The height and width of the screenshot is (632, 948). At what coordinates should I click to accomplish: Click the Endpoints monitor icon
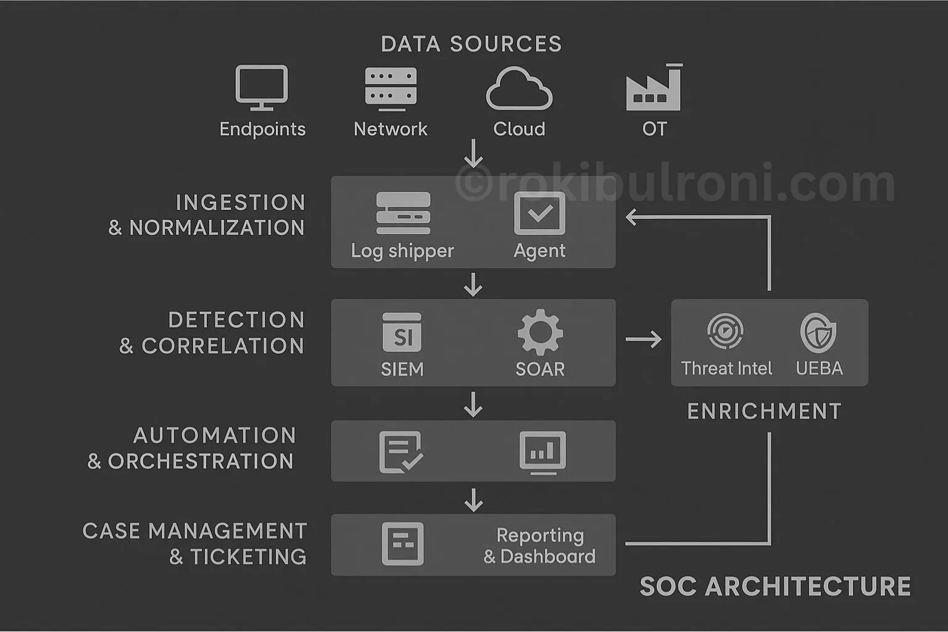[262, 88]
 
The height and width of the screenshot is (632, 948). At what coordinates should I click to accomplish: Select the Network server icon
[391, 88]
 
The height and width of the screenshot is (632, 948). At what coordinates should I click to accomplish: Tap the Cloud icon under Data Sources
[519, 89]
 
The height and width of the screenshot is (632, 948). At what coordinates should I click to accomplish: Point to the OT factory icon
[654, 88]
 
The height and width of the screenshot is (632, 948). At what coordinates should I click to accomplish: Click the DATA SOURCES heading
[472, 44]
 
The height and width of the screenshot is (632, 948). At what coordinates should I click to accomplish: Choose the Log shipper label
[402, 251]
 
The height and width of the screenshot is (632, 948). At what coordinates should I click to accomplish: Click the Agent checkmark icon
[539, 214]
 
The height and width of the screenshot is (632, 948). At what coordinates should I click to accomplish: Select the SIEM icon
[402, 334]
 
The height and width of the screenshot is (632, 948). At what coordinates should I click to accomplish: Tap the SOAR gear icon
[540, 333]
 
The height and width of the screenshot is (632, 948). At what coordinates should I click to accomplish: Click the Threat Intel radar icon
[725, 331]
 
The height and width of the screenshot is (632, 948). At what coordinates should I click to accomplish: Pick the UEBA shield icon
[818, 332]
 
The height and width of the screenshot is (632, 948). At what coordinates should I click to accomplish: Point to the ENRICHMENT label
[764, 412]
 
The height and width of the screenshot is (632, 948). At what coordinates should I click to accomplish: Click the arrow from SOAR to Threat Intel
[643, 339]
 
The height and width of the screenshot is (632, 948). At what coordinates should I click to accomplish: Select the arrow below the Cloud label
[473, 154]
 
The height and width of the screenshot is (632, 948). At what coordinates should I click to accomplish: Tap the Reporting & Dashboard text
[539, 546]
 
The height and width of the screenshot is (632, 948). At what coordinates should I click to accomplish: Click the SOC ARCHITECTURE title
[775, 586]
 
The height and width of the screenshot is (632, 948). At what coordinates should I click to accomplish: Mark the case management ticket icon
[402, 544]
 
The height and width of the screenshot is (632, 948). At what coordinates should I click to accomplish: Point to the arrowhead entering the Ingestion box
[631, 217]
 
